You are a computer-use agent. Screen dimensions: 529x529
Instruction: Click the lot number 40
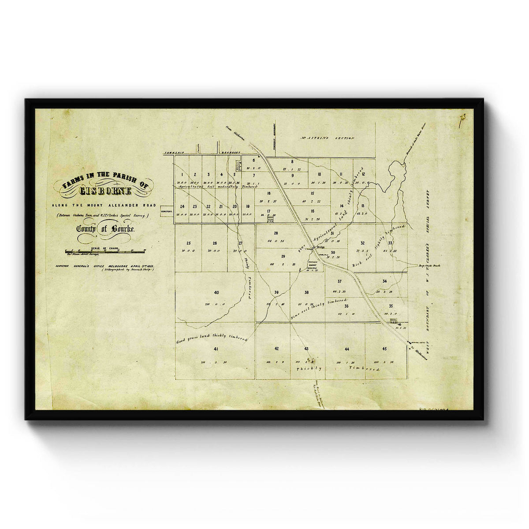click(x=216, y=292)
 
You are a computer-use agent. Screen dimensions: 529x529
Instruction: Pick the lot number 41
click(x=216, y=349)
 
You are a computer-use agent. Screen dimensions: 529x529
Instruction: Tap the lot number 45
click(x=384, y=349)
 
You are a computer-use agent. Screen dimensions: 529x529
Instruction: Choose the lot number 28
click(x=276, y=233)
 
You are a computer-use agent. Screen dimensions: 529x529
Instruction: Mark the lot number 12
click(x=363, y=174)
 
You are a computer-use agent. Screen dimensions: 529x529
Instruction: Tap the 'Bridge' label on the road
click(x=320, y=248)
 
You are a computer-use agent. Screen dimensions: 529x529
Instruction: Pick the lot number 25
click(x=188, y=243)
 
